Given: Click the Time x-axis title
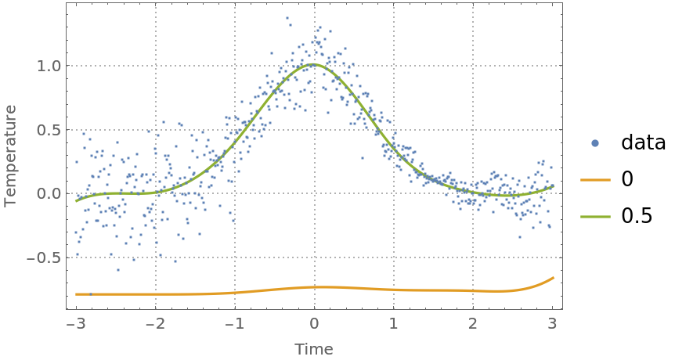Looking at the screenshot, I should pyautogui.click(x=314, y=350).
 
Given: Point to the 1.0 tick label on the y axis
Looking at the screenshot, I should pyautogui.click(x=49, y=66).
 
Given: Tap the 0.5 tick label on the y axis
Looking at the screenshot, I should pyautogui.click(x=49, y=130).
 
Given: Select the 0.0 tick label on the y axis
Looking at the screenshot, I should pyautogui.click(x=49, y=194).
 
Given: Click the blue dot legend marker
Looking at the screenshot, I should pyautogui.click(x=595, y=143).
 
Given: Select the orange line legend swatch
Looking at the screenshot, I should pyautogui.click(x=595, y=180).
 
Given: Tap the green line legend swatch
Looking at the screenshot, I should pyautogui.click(x=595, y=217).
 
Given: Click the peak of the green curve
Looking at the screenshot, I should pyautogui.click(x=314, y=64).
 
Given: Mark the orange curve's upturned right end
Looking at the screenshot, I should pyautogui.click(x=553, y=278).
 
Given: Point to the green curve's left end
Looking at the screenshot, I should pyautogui.click(x=76, y=201).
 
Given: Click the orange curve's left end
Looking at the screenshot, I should pyautogui.click(x=76, y=294).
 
